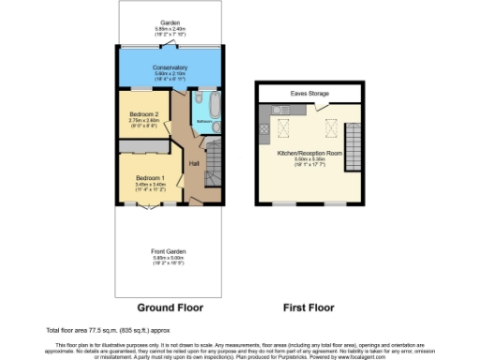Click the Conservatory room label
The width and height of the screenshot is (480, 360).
click(x=170, y=67)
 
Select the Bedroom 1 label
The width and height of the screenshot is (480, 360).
click(x=150, y=178)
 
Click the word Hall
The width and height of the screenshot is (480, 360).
click(x=195, y=164)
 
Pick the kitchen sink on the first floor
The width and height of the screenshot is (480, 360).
click(x=280, y=110)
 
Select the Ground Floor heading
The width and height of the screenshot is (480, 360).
click(x=170, y=307)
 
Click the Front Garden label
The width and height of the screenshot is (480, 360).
click(x=170, y=251)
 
